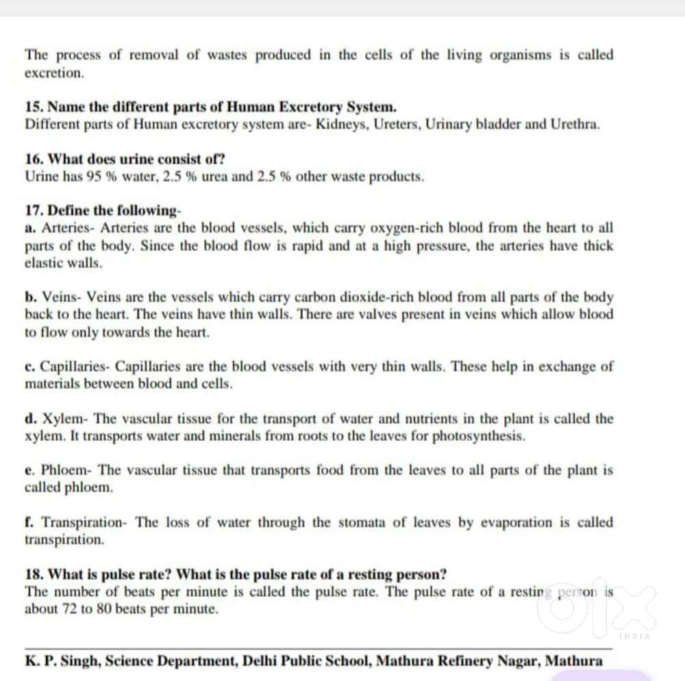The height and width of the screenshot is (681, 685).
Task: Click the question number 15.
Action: pyautogui.click(x=34, y=107)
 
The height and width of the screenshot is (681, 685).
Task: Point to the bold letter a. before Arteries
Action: pyautogui.click(x=30, y=228)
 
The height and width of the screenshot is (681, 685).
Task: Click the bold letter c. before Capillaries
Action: pyautogui.click(x=30, y=366)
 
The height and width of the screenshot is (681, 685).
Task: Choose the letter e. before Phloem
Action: pyautogui.click(x=29, y=470)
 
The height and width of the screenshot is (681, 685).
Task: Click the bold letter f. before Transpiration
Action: pyautogui.click(x=29, y=522)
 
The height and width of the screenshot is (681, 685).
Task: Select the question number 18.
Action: pyautogui.click(x=34, y=574)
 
